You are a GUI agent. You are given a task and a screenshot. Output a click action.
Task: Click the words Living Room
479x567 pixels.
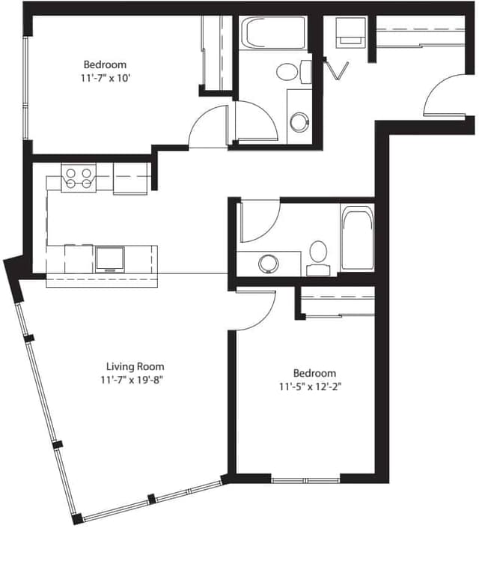click(x=135, y=366)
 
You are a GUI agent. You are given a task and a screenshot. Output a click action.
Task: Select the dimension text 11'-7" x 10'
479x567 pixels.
click(x=105, y=78)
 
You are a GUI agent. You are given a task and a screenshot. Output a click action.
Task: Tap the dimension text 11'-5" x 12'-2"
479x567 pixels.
click(x=314, y=386)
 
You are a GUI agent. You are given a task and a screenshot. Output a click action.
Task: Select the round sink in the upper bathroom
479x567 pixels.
click(x=299, y=121)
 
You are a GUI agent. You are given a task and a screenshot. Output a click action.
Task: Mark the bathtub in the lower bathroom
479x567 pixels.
click(x=357, y=238)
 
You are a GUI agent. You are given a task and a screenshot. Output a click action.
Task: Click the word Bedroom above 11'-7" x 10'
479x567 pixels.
click(x=105, y=64)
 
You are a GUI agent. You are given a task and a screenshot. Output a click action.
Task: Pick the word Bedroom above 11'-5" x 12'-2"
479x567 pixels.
click(x=314, y=373)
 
